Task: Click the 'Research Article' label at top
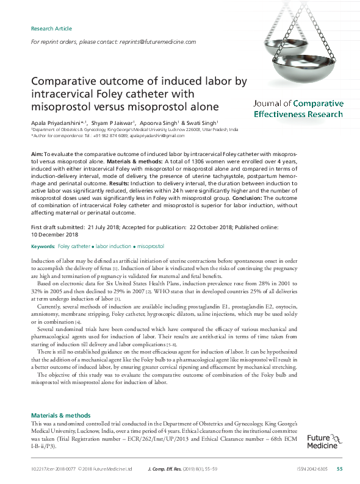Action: pos(51,29)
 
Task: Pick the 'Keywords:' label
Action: pos(42,246)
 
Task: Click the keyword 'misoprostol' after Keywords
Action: pos(151,246)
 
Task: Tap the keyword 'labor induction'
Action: pos(113,246)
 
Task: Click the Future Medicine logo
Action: pos(323,441)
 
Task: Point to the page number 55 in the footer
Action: pos(340,469)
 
